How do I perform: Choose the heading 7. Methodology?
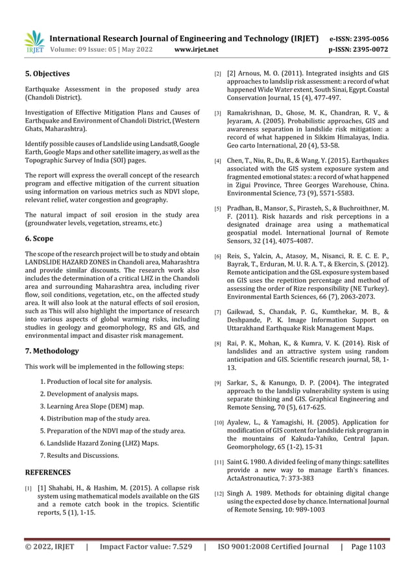pos(51,351)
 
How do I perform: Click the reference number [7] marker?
pos(218,313)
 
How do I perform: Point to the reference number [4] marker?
pos(218,160)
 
